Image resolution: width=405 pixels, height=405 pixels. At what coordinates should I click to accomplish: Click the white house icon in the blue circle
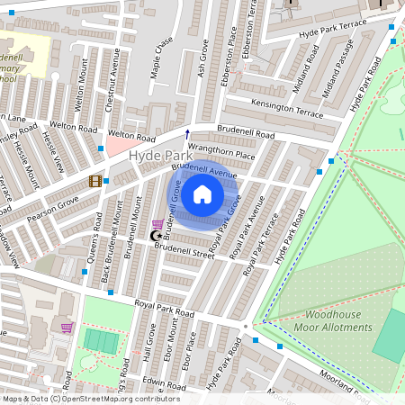(202, 194)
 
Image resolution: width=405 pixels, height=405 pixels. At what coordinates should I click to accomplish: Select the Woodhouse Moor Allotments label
(332, 320)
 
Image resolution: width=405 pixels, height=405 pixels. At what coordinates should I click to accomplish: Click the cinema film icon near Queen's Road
(95, 181)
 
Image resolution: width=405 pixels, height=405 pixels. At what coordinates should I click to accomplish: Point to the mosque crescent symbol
(154, 236)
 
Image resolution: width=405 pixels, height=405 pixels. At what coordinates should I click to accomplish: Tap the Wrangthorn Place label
(221, 153)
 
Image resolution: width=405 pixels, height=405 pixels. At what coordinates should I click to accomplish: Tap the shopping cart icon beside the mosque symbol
(159, 224)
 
